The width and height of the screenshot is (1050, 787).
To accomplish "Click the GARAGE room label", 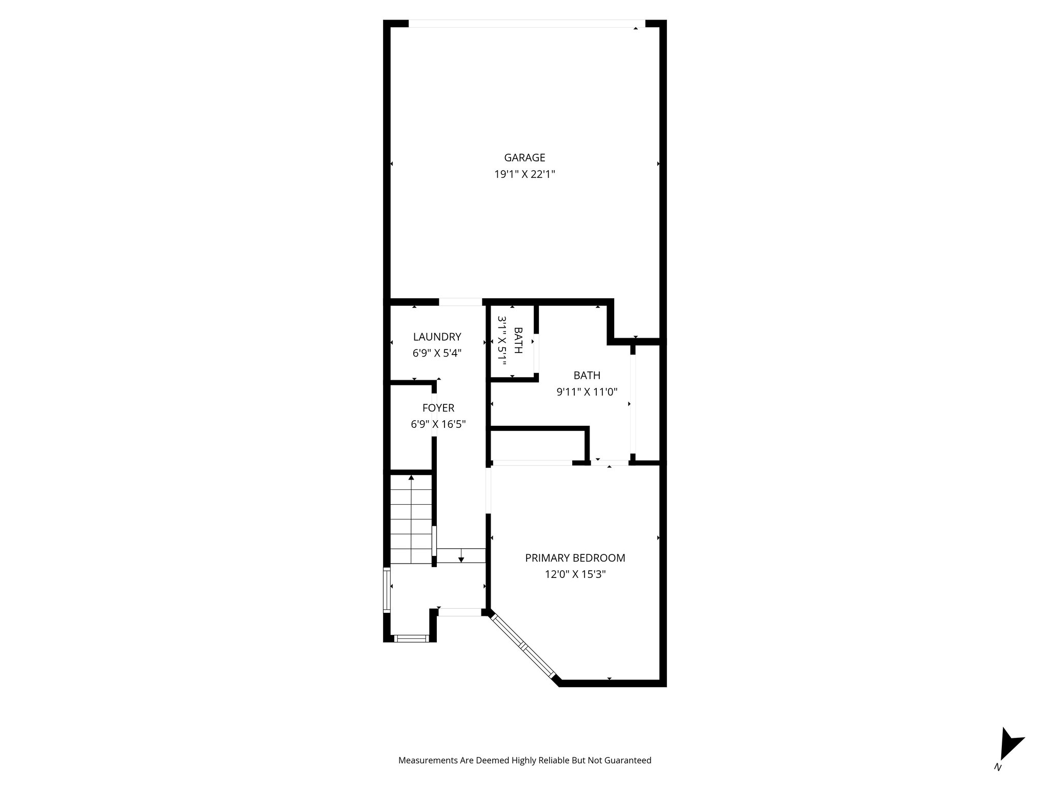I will point(524,158).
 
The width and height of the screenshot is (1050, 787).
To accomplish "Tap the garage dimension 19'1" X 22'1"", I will point(524,174).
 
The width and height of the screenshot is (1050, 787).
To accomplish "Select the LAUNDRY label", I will point(437,337).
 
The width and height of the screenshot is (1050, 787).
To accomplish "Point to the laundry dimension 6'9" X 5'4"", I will point(437,353).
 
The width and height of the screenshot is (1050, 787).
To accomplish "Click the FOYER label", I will point(438,408).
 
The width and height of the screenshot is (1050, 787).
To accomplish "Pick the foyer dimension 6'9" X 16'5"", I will point(438,424).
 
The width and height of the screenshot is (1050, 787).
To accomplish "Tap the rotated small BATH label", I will point(518,341).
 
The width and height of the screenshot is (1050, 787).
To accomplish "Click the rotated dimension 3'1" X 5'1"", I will point(502,341).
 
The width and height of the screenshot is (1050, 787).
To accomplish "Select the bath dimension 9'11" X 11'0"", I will point(587,392).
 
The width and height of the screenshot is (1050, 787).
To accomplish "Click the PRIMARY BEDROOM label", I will point(575,558).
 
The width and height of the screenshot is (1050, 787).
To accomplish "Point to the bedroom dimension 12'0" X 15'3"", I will point(575,574).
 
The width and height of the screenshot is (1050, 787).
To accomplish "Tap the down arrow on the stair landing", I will point(461,558).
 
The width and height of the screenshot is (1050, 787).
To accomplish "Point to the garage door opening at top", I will point(527,24).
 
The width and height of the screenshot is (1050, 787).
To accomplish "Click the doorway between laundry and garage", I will point(460,302).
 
